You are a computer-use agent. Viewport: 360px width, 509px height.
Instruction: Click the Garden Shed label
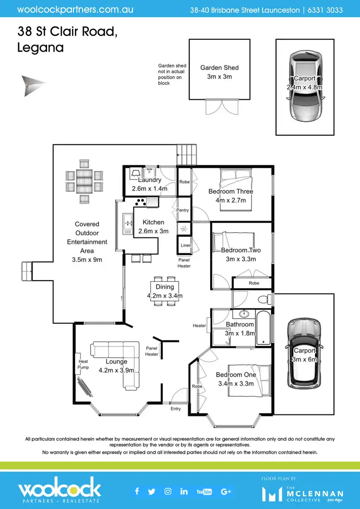click(x=219, y=68)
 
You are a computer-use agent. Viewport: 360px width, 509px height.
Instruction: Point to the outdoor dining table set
click(x=84, y=181)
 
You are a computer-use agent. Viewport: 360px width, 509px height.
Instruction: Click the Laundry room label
click(x=149, y=180)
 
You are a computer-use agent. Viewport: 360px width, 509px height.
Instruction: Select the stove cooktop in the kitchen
click(x=141, y=202)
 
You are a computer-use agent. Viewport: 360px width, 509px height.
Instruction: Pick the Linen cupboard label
click(x=186, y=245)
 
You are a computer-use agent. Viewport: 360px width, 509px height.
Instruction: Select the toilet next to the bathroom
click(x=263, y=300)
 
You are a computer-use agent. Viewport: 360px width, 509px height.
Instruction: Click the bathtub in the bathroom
click(x=264, y=328)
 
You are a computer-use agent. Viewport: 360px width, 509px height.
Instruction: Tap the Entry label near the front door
click(x=176, y=409)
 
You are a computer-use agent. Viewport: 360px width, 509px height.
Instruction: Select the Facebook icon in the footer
click(x=137, y=491)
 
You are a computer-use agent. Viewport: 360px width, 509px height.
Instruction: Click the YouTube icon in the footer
click(x=204, y=491)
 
